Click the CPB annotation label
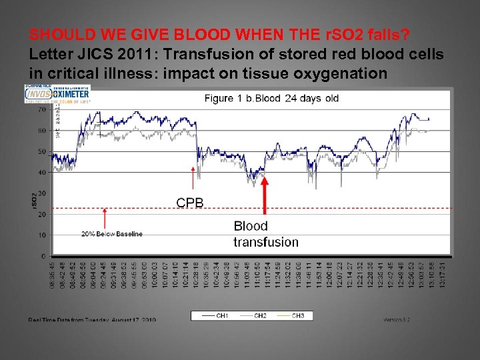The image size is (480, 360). click(190, 203)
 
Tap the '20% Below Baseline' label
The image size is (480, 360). click(111, 234)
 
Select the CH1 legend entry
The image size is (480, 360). click(213, 316)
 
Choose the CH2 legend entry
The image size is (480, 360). click(251, 316)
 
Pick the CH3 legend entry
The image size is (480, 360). click(289, 316)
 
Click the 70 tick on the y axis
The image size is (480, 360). click(42, 109)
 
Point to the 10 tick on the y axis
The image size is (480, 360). click(43, 235)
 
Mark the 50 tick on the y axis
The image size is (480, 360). click(42, 151)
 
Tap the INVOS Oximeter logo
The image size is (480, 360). click(57, 94)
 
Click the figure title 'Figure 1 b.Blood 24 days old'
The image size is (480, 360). click(271, 99)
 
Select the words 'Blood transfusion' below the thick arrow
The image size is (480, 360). click(265, 234)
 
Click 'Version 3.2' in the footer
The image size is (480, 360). click(397, 320)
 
